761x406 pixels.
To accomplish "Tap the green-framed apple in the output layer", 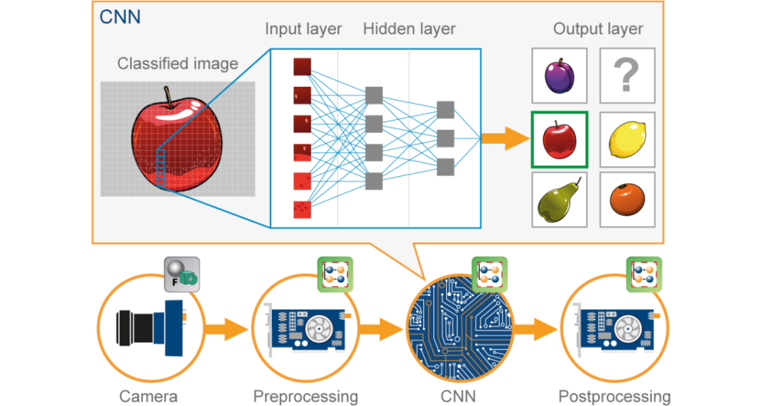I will click(x=558, y=140).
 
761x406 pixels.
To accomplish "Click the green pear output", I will click(x=558, y=199).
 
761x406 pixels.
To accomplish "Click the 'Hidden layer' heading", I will click(x=409, y=30).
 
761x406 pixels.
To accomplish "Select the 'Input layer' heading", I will click(x=303, y=30).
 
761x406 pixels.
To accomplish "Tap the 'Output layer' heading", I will click(x=598, y=30).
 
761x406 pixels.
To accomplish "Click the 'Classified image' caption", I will click(x=178, y=64).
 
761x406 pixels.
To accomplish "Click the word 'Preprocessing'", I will click(x=305, y=396).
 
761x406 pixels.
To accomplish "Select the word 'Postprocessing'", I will click(x=614, y=396).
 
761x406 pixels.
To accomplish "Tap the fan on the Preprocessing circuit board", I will click(x=315, y=330).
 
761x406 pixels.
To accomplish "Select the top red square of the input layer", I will click(x=302, y=66).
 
